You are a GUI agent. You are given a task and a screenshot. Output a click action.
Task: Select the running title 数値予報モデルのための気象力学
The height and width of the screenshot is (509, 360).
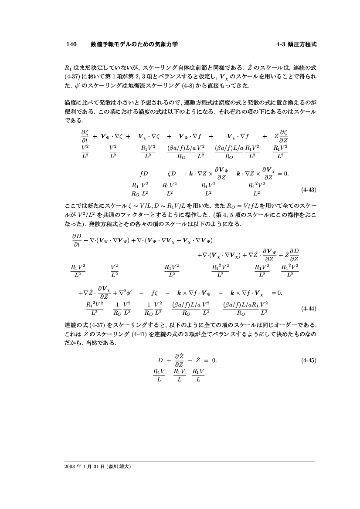pos(134,44)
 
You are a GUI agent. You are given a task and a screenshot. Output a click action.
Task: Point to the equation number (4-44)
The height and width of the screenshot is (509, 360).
pos(309,309)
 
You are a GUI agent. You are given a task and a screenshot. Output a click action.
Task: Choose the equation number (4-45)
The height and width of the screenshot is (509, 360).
pos(309,361)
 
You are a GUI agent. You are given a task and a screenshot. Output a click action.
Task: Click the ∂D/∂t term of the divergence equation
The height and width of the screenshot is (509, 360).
pos(77,240)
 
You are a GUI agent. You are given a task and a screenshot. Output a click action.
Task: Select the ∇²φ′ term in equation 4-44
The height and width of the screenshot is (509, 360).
pos(125,293)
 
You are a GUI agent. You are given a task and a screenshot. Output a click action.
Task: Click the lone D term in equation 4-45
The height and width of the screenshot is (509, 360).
pos(160,361)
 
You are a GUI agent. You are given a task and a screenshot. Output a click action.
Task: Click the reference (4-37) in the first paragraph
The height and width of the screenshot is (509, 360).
pos(75,75)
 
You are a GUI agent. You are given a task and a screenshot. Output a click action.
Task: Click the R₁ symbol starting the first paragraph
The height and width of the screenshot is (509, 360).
pos(68,68)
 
